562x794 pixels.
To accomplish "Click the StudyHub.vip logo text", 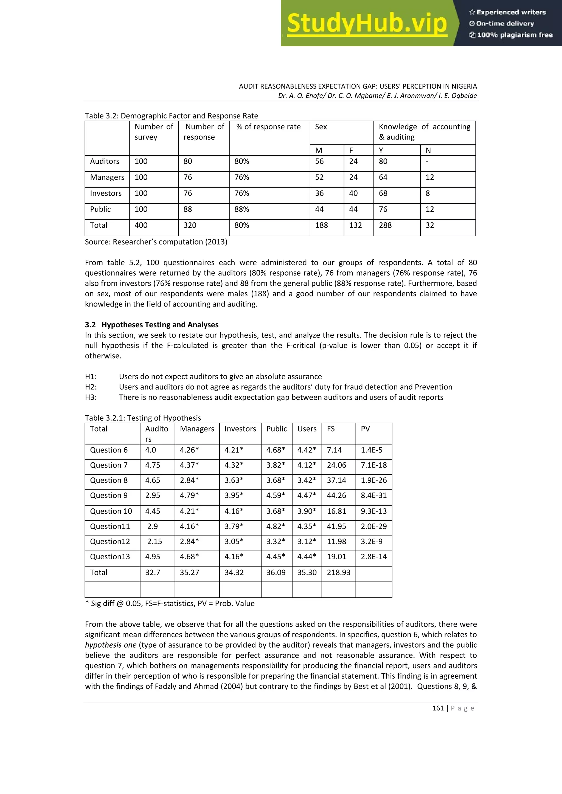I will click(x=367, y=24).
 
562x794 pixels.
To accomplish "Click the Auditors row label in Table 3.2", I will click(x=105, y=161).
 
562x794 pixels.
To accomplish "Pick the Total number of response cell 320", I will click(x=190, y=225).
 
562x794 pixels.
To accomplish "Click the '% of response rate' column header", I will click(x=269, y=127).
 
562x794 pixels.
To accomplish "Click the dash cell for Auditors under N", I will click(x=427, y=161).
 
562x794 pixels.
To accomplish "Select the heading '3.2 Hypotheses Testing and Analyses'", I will click(x=151, y=325).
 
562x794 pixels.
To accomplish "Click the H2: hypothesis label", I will click(x=91, y=387).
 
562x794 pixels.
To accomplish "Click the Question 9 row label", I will click(x=109, y=495).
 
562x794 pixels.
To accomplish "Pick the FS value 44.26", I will click(x=336, y=495).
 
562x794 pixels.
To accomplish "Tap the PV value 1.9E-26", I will click(x=373, y=480).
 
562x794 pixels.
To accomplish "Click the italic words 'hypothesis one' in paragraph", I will click(x=111, y=645).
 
